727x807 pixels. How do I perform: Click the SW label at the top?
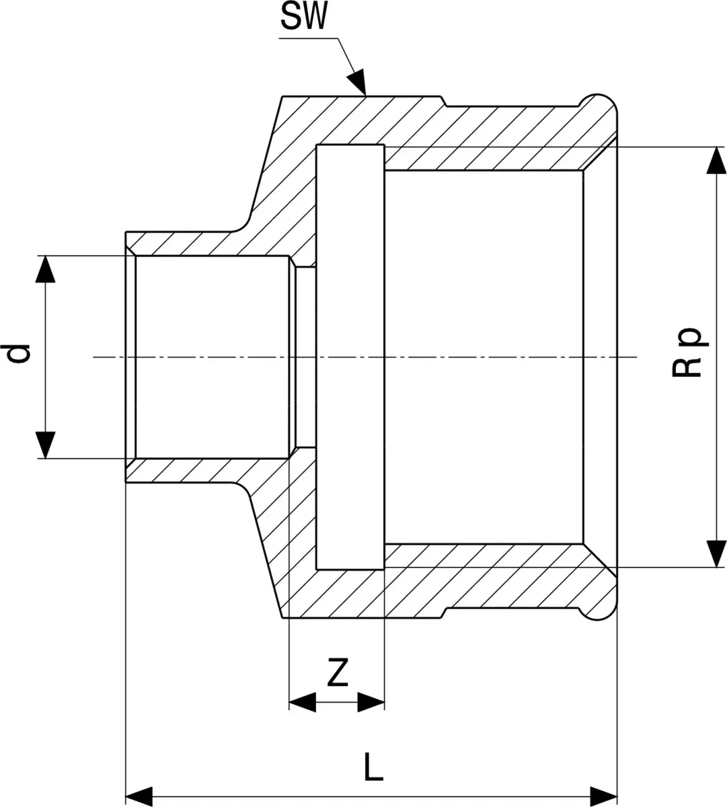tap(304, 15)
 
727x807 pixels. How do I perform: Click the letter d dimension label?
tap(18, 354)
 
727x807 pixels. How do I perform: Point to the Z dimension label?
tap(337, 672)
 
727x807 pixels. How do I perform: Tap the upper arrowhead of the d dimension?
tap(45, 269)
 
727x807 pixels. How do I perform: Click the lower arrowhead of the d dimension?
tap(45, 445)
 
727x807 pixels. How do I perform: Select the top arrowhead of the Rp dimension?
tap(716, 160)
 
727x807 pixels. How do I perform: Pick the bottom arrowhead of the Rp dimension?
tap(716, 553)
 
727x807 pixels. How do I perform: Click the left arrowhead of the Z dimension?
tap(303, 702)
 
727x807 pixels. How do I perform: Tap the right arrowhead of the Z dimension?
tap(371, 702)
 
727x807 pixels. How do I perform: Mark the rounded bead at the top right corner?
tap(599, 106)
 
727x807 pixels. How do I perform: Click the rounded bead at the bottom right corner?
tap(599, 607)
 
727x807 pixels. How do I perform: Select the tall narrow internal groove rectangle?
tap(350, 357)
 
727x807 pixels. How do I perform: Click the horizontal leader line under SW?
tap(309, 38)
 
